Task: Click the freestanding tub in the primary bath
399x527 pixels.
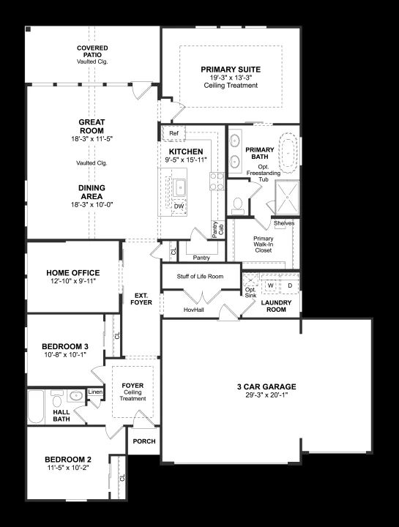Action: (x=289, y=154)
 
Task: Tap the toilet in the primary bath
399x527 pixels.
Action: (x=238, y=206)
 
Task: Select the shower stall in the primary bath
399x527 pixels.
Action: (x=287, y=198)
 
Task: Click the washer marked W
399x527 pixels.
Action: (x=271, y=285)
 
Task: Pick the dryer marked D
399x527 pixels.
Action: (x=290, y=285)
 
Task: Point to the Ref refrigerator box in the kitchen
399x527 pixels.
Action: (x=174, y=133)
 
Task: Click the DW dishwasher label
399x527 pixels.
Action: (x=179, y=206)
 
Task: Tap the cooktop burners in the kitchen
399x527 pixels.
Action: (x=217, y=182)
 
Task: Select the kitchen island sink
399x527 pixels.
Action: (x=179, y=187)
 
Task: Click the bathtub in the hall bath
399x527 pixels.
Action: (x=36, y=406)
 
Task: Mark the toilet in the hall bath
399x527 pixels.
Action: (x=57, y=399)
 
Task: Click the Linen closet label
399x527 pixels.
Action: (x=95, y=392)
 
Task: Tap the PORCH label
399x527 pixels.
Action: (x=144, y=441)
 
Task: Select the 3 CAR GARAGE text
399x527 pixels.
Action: (x=266, y=386)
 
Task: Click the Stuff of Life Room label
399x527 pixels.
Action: (x=200, y=276)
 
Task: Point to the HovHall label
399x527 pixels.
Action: (x=193, y=310)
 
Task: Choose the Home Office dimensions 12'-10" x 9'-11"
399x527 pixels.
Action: (x=73, y=281)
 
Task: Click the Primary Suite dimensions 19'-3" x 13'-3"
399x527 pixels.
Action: (x=231, y=78)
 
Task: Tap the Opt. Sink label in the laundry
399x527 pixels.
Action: (x=250, y=292)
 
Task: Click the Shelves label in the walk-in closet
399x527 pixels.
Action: (x=284, y=223)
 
